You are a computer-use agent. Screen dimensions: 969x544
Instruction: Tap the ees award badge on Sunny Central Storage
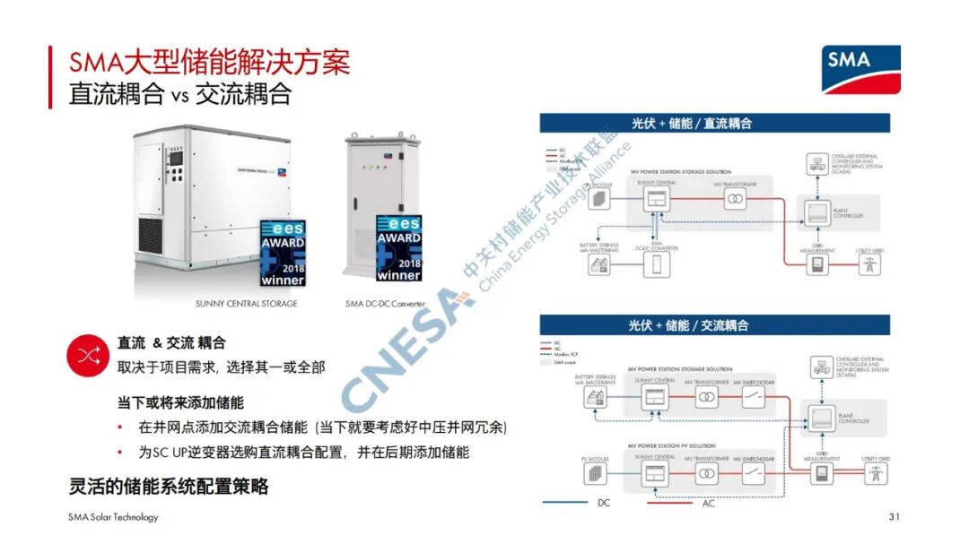click(x=282, y=252)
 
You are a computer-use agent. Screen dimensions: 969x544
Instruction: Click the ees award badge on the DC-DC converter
click(x=398, y=247)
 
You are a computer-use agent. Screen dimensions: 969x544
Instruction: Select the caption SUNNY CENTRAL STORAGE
click(x=246, y=304)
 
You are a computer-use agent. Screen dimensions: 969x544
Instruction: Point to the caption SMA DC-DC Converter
click(x=385, y=304)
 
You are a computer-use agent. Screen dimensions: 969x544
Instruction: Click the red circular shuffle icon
click(x=88, y=356)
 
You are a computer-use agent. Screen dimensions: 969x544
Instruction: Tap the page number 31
click(x=894, y=517)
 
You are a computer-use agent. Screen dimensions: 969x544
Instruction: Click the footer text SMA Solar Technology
click(x=113, y=517)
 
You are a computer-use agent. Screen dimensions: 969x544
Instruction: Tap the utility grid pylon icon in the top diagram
click(x=869, y=265)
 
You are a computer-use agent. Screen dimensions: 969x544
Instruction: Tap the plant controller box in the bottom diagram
click(x=819, y=415)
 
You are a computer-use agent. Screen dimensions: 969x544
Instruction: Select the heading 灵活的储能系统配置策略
click(x=169, y=487)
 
